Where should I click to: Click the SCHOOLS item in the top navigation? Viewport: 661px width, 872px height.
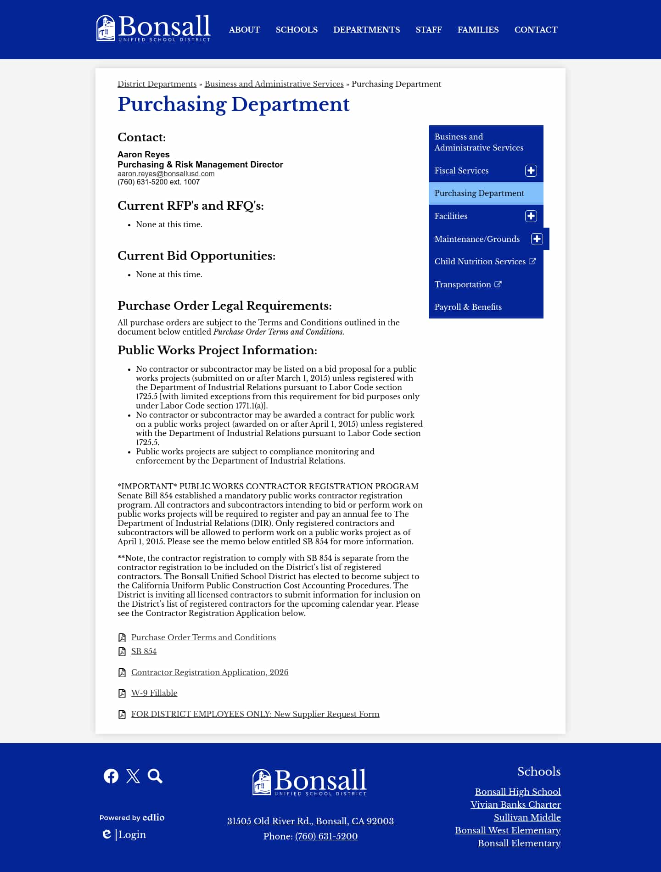point(297,30)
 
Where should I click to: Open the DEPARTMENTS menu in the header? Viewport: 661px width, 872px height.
point(366,30)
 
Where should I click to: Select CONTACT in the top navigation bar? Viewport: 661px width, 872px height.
point(536,30)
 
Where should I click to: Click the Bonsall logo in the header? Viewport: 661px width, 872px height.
point(153,28)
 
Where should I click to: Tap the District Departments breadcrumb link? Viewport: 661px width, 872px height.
point(157,84)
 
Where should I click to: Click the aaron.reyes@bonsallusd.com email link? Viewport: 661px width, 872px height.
point(166,174)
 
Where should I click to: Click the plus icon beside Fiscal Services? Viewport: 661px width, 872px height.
point(531,171)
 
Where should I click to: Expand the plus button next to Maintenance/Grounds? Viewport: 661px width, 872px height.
point(537,239)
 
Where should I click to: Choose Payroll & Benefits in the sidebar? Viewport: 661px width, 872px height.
point(468,307)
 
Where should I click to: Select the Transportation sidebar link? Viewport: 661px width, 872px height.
point(463,285)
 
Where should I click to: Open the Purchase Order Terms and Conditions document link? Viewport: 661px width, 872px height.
point(203,637)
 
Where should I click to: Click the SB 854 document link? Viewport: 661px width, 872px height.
point(144,651)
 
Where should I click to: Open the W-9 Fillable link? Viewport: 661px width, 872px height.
point(154,693)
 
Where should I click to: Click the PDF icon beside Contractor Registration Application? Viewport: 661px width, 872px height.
point(122,673)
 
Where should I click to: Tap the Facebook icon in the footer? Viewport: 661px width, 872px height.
point(111,776)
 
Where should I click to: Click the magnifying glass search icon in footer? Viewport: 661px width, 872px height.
point(155,776)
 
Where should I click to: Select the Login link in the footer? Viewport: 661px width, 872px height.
point(132,834)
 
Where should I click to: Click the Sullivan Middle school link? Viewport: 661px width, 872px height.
point(527,817)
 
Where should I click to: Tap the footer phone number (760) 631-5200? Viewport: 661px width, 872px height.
point(326,836)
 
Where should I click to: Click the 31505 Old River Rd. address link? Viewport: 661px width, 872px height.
point(310,821)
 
